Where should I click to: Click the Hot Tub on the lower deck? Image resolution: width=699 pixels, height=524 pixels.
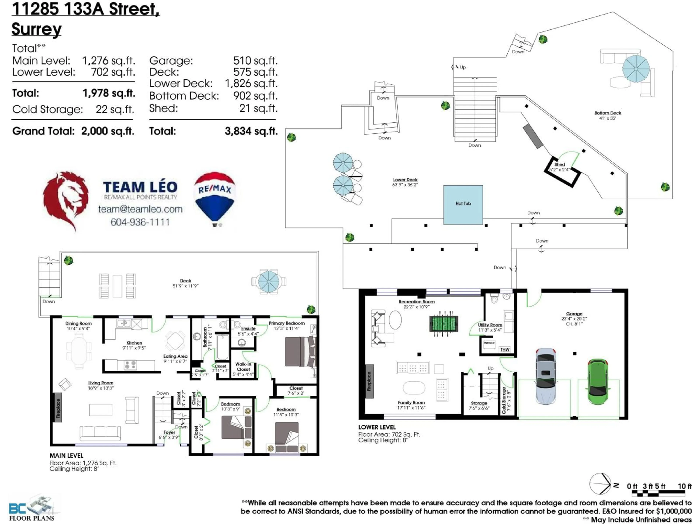(463, 205)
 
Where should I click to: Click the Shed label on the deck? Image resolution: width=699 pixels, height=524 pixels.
(560, 164)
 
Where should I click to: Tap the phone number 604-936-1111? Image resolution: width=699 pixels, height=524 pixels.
(140, 222)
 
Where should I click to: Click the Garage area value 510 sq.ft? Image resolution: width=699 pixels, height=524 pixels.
(255, 61)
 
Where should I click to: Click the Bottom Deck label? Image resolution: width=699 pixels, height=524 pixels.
(607, 113)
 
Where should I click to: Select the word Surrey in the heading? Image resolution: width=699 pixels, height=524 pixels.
(37, 29)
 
